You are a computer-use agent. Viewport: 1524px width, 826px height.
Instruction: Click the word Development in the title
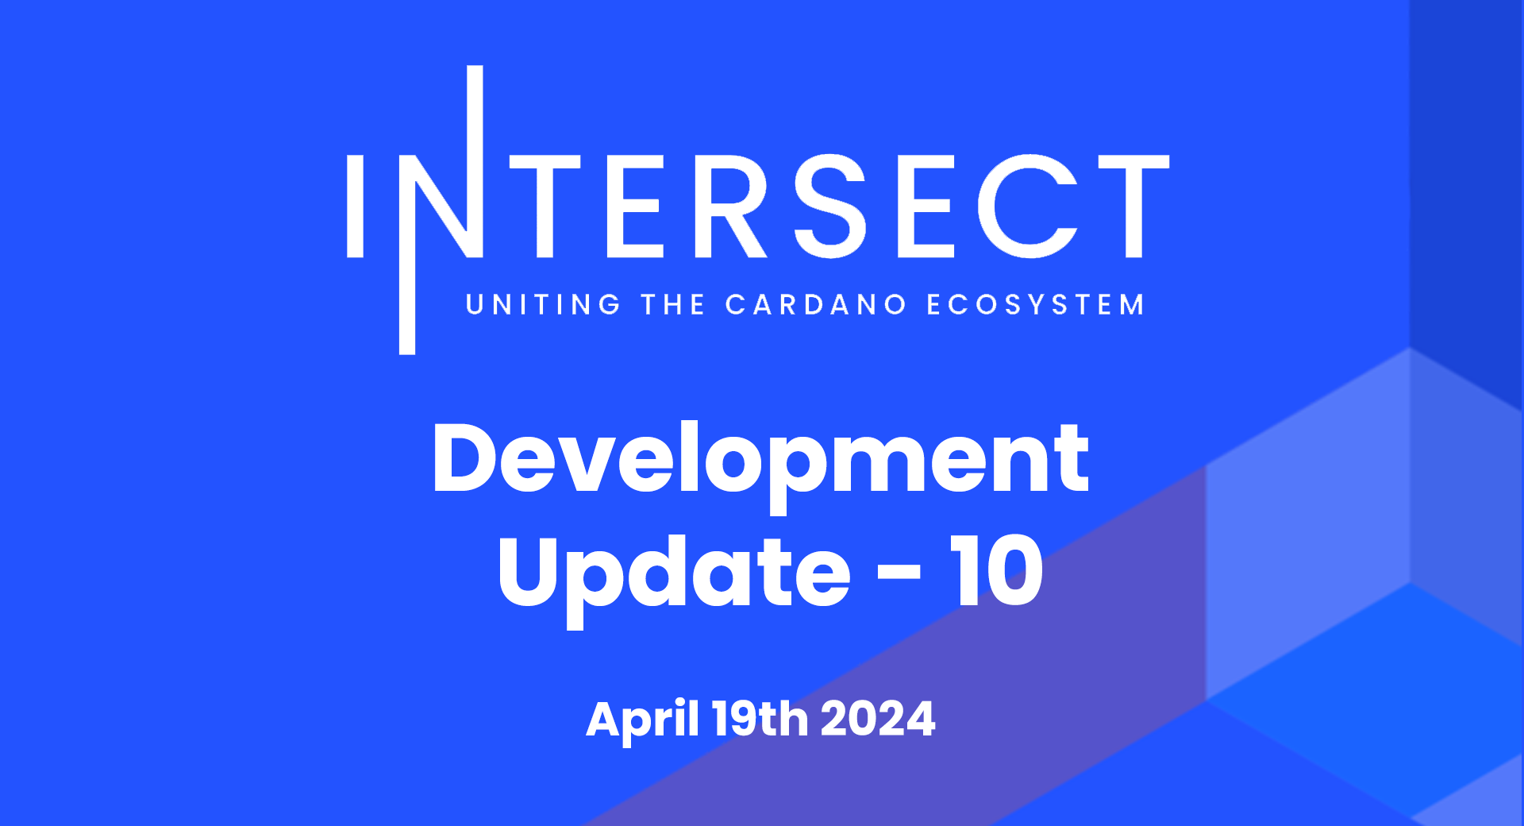760,465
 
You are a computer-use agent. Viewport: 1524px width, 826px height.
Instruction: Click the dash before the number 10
899,571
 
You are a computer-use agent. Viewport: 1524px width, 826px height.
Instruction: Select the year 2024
878,720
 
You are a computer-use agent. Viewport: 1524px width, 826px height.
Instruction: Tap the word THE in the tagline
673,305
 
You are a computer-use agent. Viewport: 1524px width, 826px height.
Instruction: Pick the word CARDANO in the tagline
815,305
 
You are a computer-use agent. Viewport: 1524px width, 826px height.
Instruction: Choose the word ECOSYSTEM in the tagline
1035,305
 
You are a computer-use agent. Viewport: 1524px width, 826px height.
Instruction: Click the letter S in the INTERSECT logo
830,206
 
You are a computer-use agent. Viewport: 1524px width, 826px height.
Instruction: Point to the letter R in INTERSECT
731,206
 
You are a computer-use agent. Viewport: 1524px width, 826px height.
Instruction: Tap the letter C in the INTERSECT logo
1027,206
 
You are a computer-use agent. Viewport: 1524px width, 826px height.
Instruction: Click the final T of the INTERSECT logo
1133,206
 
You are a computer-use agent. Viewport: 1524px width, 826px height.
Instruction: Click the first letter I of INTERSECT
355,206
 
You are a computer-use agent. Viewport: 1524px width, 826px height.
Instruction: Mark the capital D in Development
470,457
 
